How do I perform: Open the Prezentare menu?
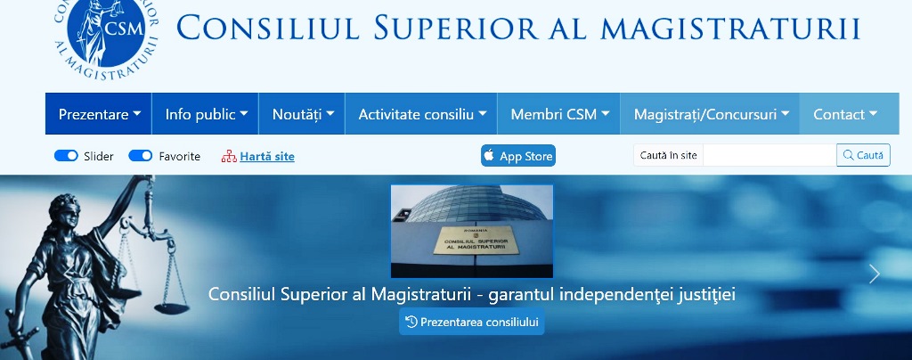click(99, 114)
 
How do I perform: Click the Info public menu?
click(206, 114)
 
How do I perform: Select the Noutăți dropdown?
click(303, 114)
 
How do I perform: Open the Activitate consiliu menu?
click(421, 114)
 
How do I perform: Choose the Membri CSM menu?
click(559, 114)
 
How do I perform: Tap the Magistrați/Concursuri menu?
click(711, 114)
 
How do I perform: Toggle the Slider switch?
click(66, 156)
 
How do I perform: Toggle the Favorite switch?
click(140, 156)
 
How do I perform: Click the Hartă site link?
click(267, 157)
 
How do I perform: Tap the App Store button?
click(518, 156)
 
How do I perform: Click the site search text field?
click(769, 155)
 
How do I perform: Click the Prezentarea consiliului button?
click(472, 322)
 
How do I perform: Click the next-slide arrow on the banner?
click(875, 274)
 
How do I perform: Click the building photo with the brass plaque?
click(472, 231)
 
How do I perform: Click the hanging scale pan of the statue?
click(172, 308)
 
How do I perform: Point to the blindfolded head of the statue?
click(65, 212)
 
